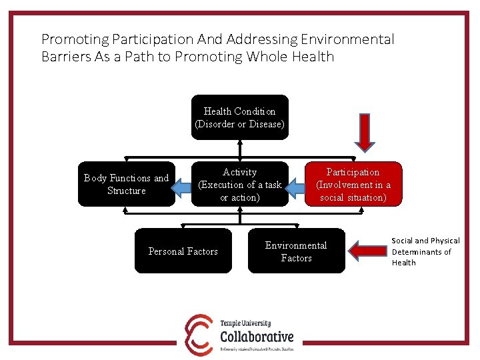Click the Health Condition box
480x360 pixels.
(239, 117)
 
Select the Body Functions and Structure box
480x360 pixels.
(126, 184)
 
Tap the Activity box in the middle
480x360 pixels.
(240, 184)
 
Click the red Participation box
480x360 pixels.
(353, 184)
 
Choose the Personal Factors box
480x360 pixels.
(183, 251)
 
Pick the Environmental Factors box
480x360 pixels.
(296, 251)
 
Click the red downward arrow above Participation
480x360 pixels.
(365, 132)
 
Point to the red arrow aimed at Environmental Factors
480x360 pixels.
(367, 251)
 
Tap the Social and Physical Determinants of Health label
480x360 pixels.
(425, 251)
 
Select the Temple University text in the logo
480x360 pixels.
(245, 323)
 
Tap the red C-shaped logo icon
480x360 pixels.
(199, 333)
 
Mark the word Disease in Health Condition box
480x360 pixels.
(264, 124)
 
